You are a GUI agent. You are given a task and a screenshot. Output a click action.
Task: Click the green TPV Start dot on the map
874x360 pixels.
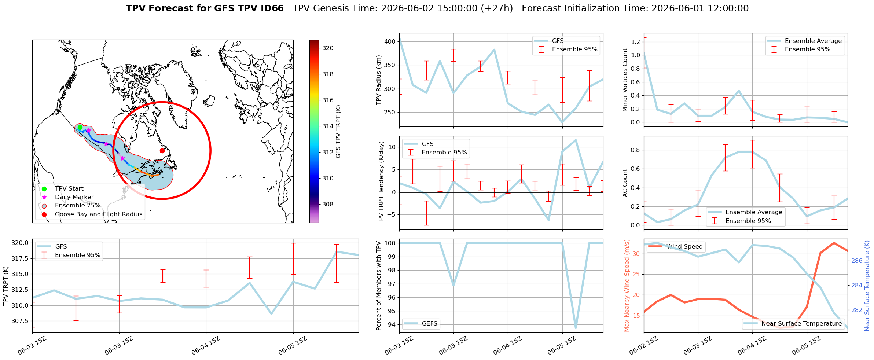click(x=80, y=128)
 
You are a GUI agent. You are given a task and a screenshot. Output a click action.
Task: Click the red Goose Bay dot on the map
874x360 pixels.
click(x=162, y=151)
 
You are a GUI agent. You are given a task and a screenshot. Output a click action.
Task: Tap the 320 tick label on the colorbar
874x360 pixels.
click(x=328, y=48)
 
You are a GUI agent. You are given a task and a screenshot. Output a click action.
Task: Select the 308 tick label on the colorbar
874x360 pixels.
click(x=328, y=204)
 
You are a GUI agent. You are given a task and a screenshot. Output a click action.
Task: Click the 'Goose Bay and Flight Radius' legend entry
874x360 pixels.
click(x=99, y=214)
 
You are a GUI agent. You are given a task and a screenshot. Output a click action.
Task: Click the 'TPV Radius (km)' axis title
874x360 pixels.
click(x=379, y=80)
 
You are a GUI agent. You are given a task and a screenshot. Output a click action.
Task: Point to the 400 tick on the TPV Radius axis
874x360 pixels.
click(x=390, y=41)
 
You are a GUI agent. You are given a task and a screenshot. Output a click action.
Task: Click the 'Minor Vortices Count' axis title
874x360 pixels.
click(x=625, y=80)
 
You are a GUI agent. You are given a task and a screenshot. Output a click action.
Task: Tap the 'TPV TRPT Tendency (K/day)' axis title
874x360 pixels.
click(x=381, y=183)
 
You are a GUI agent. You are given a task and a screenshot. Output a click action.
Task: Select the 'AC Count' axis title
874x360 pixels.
click(x=625, y=183)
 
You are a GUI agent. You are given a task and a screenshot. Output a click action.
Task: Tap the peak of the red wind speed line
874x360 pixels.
click(x=834, y=243)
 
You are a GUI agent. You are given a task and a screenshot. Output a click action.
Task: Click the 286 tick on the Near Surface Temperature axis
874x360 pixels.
click(x=857, y=261)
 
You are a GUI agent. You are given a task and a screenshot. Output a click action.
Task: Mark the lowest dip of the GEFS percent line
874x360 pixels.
click(x=576, y=328)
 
